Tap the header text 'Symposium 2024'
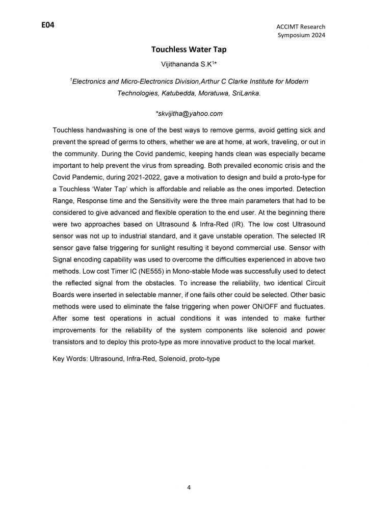(x=301, y=35)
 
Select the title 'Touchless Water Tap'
(x=184, y=50)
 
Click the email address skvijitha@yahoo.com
(x=185, y=113)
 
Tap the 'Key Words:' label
(x=70, y=359)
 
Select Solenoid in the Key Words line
(x=172, y=359)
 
